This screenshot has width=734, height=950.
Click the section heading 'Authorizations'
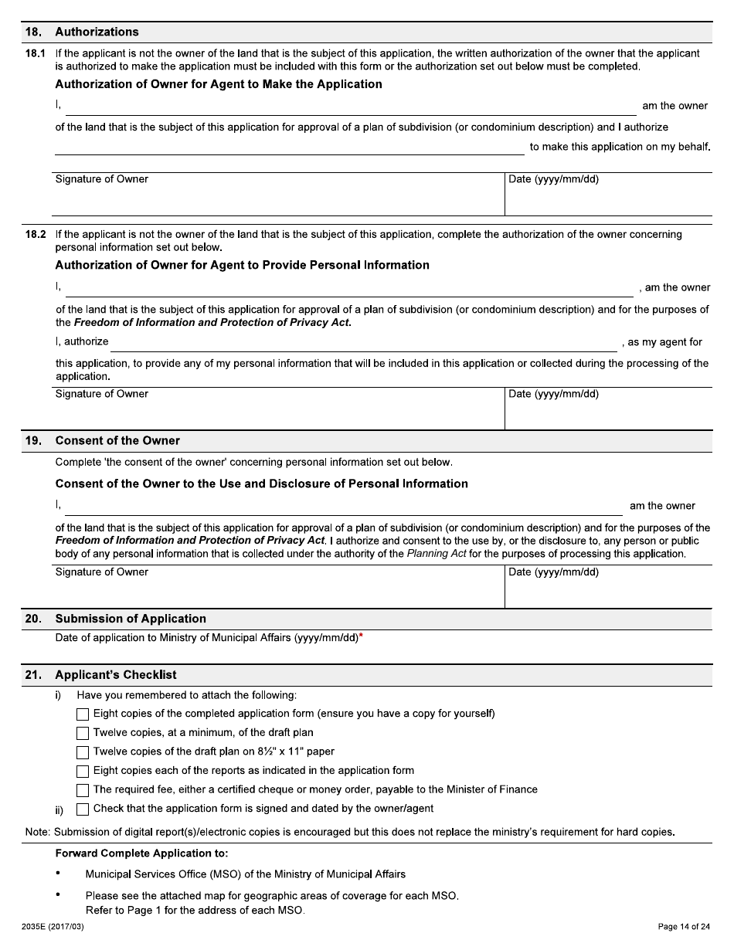point(97,32)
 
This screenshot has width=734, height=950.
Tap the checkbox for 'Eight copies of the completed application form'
point(83,714)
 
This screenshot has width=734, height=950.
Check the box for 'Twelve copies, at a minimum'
point(83,733)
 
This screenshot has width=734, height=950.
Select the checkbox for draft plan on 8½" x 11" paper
point(83,752)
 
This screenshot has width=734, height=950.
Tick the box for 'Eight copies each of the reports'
point(83,771)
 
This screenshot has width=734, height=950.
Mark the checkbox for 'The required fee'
point(83,790)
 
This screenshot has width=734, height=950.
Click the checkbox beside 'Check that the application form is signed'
point(83,809)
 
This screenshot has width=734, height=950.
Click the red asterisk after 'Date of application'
point(361,636)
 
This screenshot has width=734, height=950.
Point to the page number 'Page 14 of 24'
point(683,927)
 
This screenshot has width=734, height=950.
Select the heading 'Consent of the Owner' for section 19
point(117,440)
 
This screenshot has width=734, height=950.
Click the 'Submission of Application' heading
point(131,619)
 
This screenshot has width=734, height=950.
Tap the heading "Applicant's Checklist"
point(116,674)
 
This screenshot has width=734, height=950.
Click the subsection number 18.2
point(36,234)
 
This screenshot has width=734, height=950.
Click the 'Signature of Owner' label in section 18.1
point(102,179)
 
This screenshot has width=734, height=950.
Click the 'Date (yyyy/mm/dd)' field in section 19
point(608,587)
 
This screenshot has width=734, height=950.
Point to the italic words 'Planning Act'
point(437,554)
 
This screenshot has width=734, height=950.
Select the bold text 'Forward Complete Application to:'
point(141,853)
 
